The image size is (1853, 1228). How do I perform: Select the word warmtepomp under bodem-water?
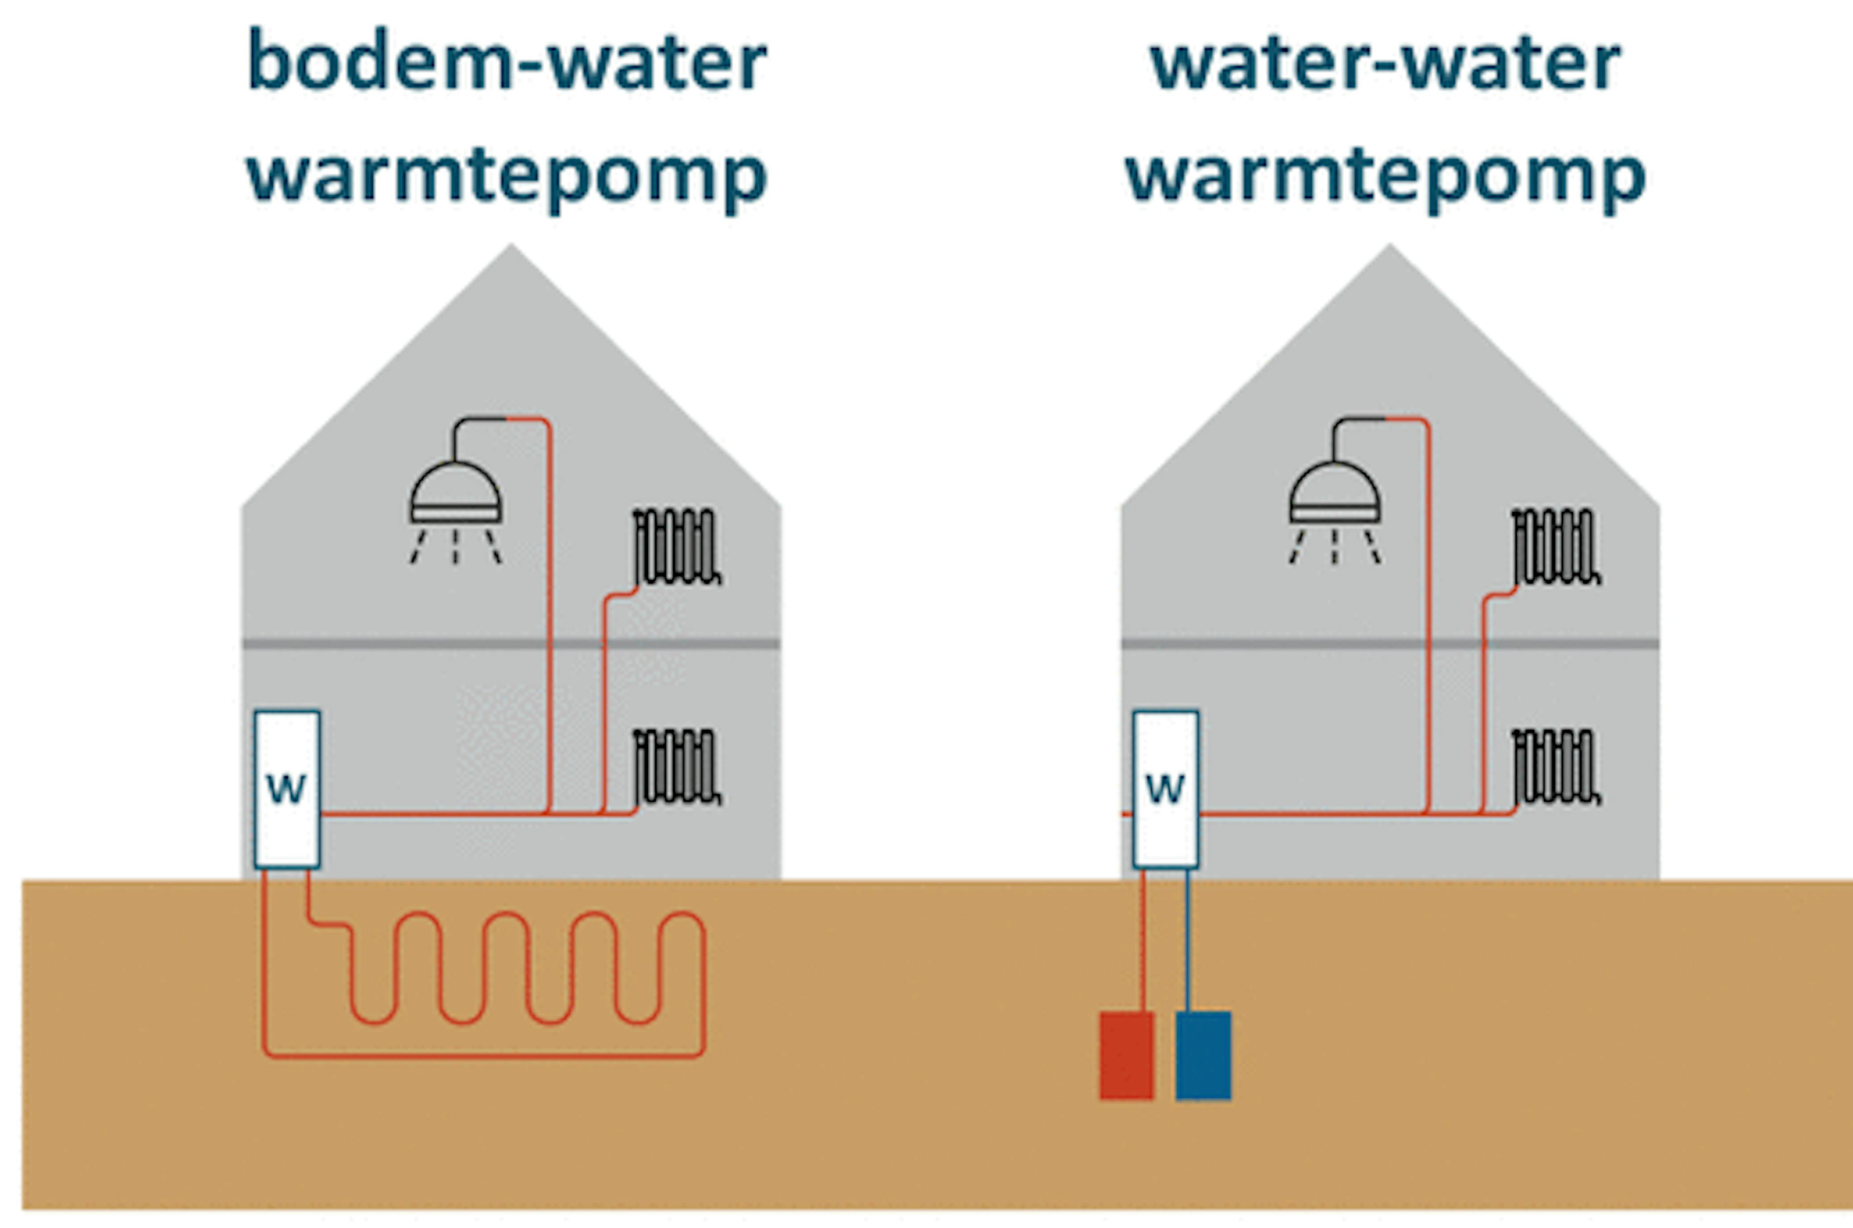(507, 176)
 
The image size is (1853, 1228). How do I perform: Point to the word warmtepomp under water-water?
(1385, 176)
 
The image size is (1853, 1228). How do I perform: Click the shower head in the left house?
(455, 494)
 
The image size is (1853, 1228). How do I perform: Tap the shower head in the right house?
(1334, 494)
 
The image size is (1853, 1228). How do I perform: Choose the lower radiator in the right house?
(1555, 767)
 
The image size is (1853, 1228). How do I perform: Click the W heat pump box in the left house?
(286, 789)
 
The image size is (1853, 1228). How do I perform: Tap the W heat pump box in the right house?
(1165, 789)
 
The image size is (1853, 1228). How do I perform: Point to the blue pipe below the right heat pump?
(1188, 940)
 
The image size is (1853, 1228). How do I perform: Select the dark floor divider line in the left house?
(511, 644)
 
